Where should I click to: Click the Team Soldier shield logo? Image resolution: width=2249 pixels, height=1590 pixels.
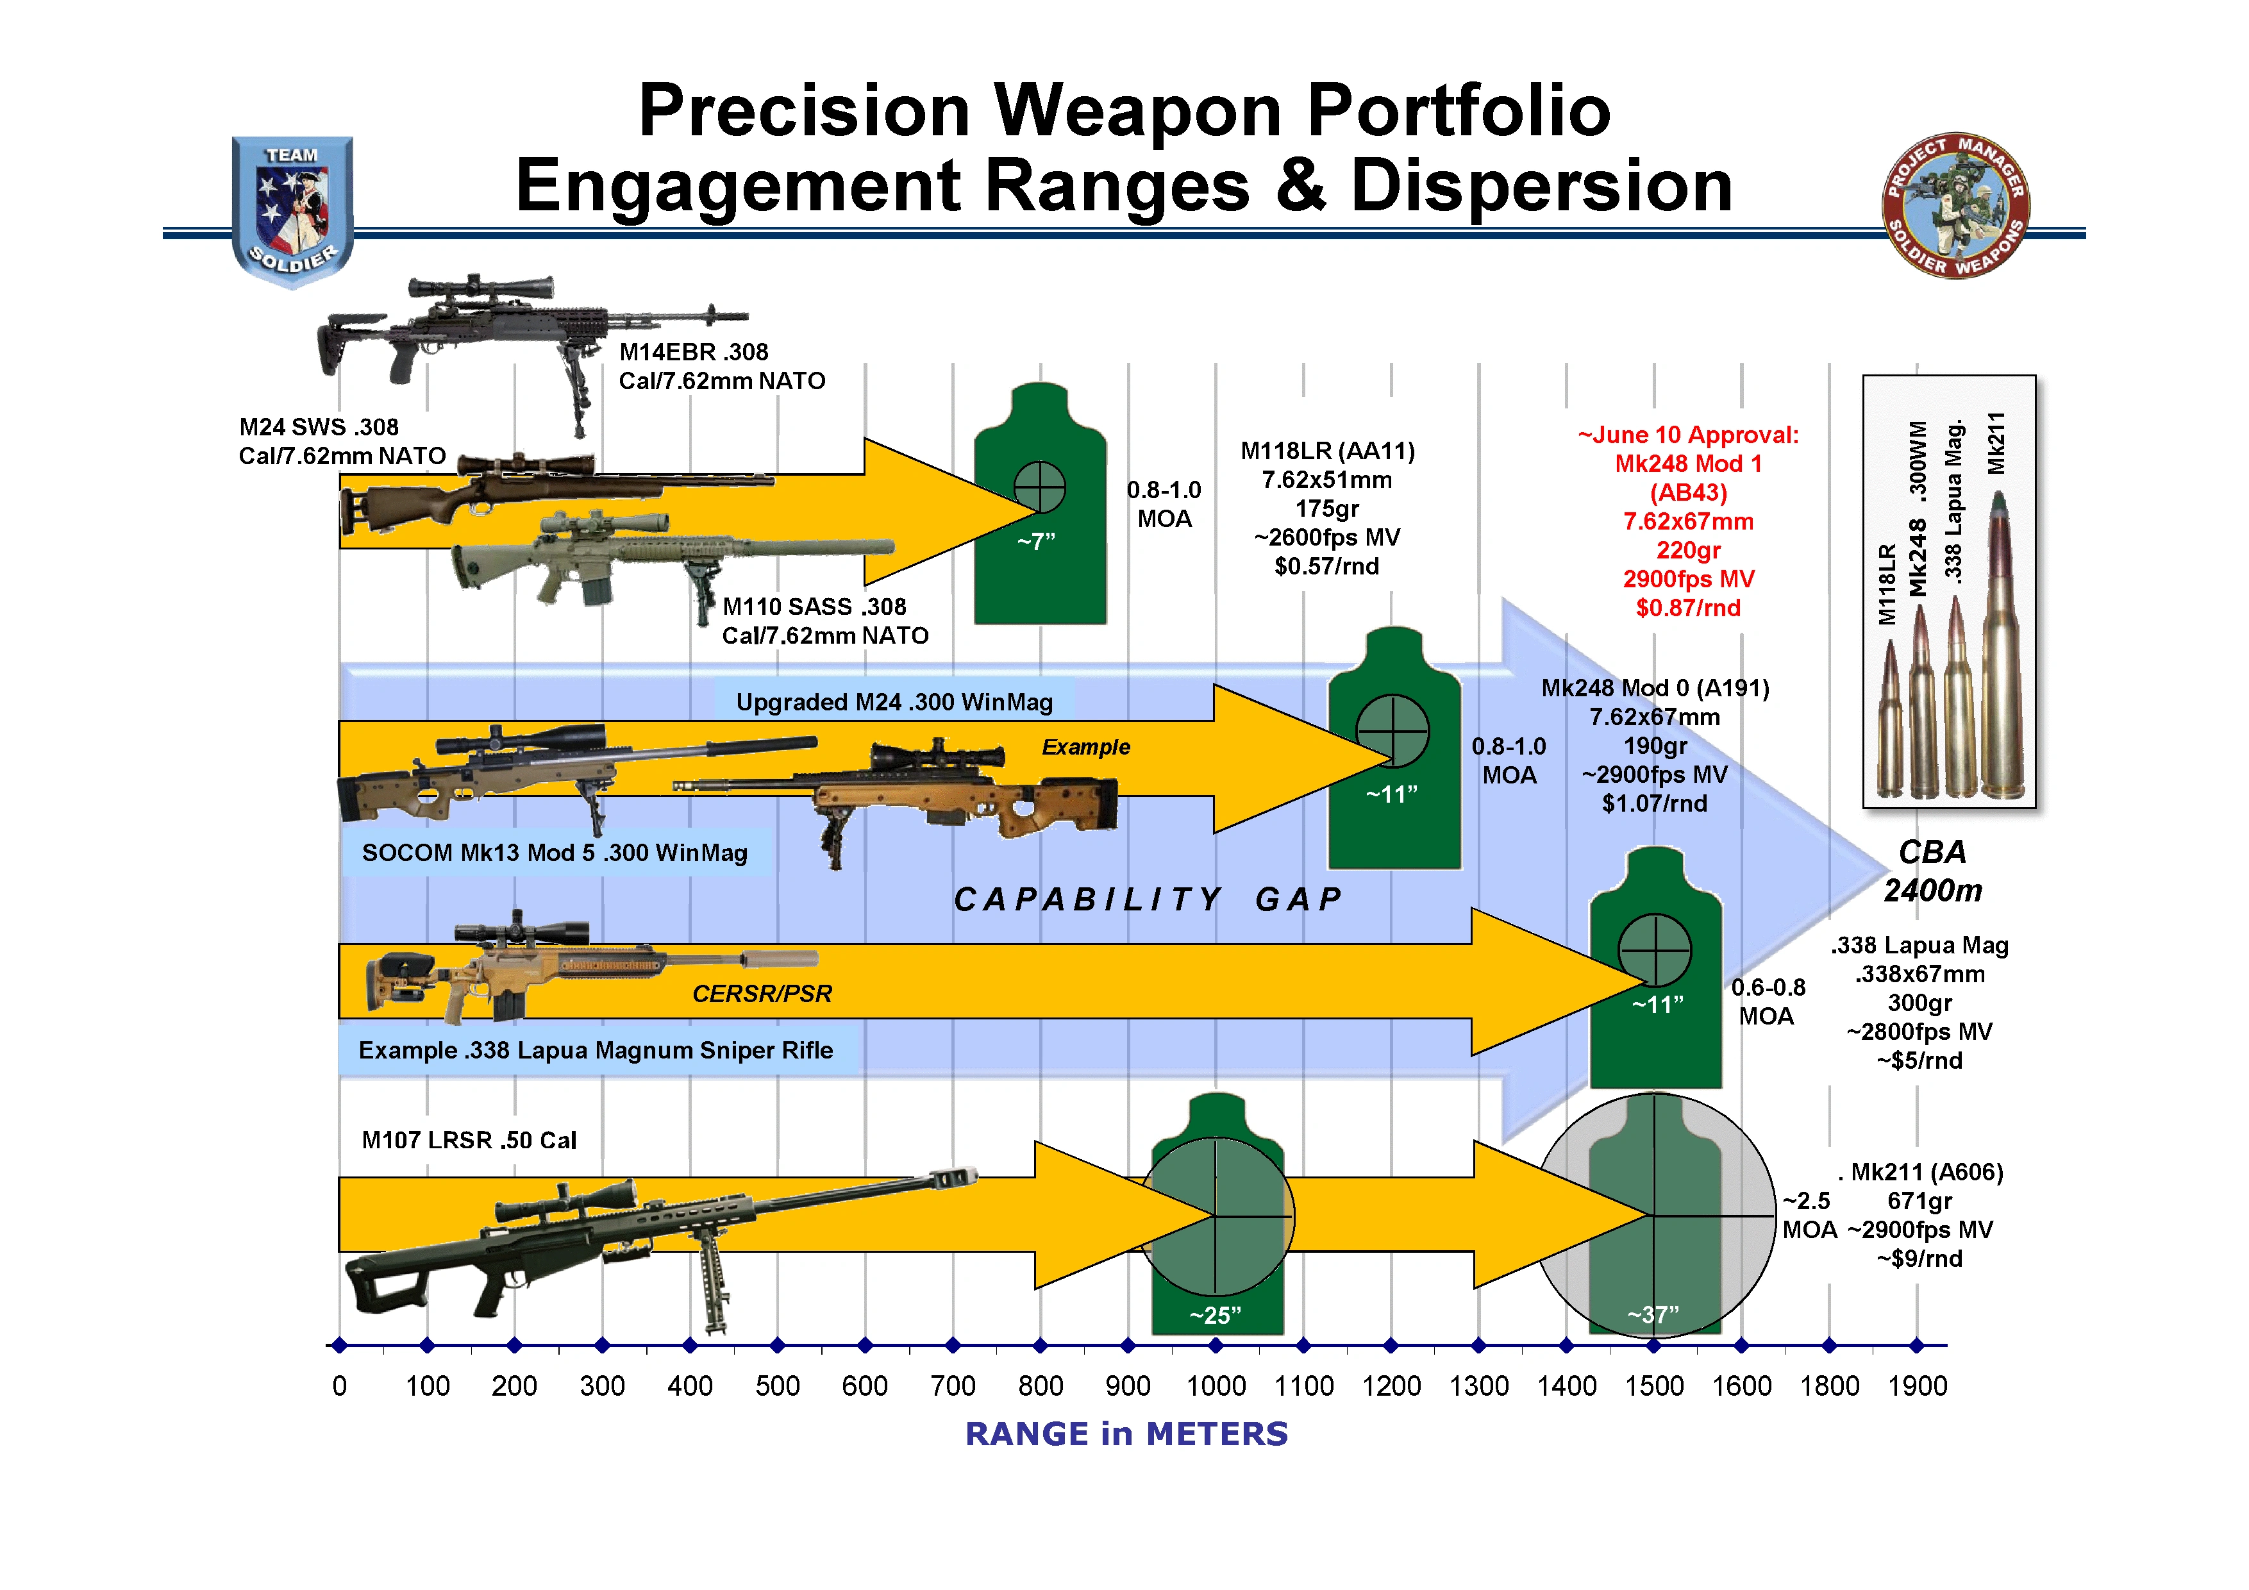[x=292, y=211]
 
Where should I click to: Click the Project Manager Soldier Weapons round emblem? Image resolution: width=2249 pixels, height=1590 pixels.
[x=1955, y=206]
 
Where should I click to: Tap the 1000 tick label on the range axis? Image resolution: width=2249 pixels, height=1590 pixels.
[x=1216, y=1386]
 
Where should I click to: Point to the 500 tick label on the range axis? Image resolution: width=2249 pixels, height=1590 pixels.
[x=778, y=1386]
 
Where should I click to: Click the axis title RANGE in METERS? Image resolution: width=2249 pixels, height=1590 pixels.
[x=1126, y=1434]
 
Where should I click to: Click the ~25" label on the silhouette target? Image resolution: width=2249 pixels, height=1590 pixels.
[x=1216, y=1316]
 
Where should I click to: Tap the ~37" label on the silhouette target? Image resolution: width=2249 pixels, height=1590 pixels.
[x=1653, y=1315]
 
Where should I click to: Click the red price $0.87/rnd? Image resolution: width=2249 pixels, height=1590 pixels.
[x=1688, y=608]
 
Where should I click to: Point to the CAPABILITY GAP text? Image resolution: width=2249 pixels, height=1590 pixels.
[x=1148, y=900]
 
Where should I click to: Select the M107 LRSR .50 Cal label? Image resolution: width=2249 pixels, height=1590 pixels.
[x=469, y=1141]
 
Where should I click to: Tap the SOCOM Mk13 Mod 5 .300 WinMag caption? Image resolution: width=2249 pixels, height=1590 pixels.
[x=555, y=853]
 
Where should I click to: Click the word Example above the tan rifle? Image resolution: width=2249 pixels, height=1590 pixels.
[x=1085, y=748]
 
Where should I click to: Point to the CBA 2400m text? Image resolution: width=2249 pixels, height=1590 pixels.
[x=1932, y=871]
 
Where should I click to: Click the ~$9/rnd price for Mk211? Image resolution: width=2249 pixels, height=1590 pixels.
[x=1920, y=1259]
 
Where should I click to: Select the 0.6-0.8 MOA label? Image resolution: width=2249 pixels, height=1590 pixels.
[x=1768, y=1001]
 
